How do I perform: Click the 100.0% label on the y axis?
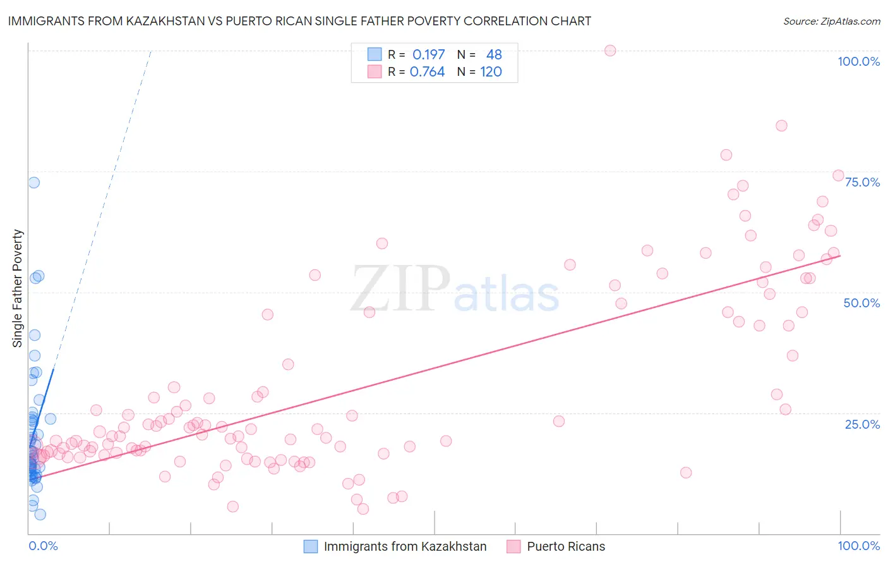point(858,61)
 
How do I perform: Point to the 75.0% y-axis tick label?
point(862,182)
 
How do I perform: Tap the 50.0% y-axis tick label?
point(861,303)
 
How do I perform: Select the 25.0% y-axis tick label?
point(862,424)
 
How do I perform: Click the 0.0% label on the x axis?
point(43,546)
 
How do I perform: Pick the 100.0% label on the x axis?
point(858,546)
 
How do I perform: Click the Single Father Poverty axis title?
point(18,288)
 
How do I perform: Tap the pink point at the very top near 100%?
point(610,51)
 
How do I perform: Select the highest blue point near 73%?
point(34,183)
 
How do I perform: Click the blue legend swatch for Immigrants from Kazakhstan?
point(311,546)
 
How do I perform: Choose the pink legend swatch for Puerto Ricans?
point(513,546)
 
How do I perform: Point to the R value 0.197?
point(428,54)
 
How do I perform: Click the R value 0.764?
point(427,71)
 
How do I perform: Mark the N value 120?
point(491,71)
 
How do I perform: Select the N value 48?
point(494,54)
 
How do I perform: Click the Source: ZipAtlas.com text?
point(831,21)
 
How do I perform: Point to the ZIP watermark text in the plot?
point(400,290)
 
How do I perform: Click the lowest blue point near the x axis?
point(40,515)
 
